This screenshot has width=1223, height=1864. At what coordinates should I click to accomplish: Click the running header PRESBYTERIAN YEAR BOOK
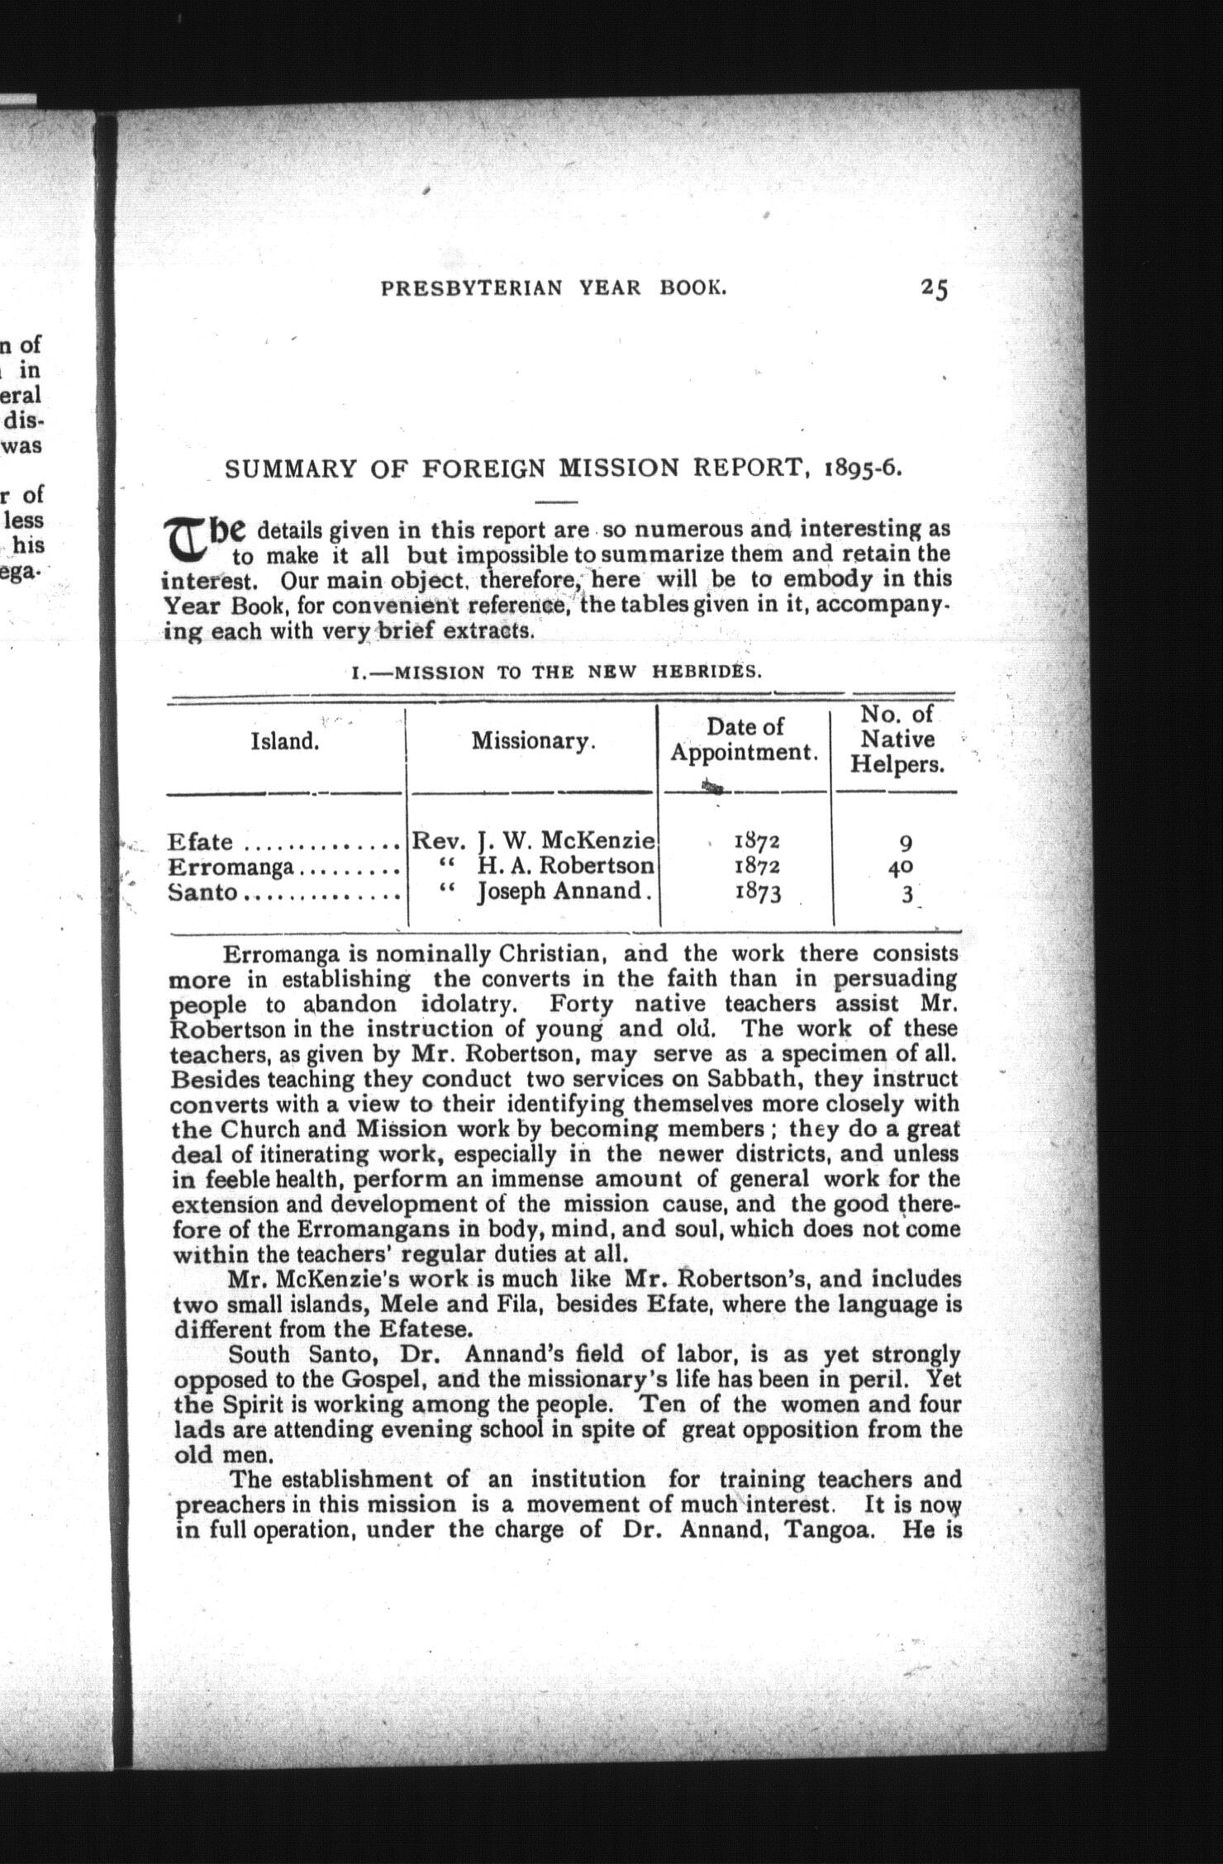pyautogui.click(x=553, y=288)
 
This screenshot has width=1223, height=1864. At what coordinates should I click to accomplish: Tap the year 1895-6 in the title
pyautogui.click(x=862, y=469)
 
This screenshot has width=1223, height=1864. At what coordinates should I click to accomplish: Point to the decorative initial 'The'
pyautogui.click(x=205, y=539)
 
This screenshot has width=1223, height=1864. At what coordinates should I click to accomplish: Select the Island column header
pyautogui.click(x=284, y=741)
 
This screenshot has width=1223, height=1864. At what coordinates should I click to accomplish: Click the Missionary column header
pyautogui.click(x=533, y=741)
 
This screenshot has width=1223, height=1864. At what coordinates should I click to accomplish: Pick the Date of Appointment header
pyautogui.click(x=745, y=739)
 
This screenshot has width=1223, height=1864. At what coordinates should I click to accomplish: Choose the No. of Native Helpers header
pyautogui.click(x=897, y=739)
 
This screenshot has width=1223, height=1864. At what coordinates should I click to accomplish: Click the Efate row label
pyautogui.click(x=200, y=843)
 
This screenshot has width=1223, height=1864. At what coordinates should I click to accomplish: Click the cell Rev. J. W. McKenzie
pyautogui.click(x=533, y=842)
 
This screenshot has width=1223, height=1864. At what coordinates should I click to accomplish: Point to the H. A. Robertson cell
pyautogui.click(x=566, y=867)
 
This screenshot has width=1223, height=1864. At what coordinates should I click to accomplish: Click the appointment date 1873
pyautogui.click(x=756, y=894)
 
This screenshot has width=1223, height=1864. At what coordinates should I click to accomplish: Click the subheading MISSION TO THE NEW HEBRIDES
pyautogui.click(x=556, y=672)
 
